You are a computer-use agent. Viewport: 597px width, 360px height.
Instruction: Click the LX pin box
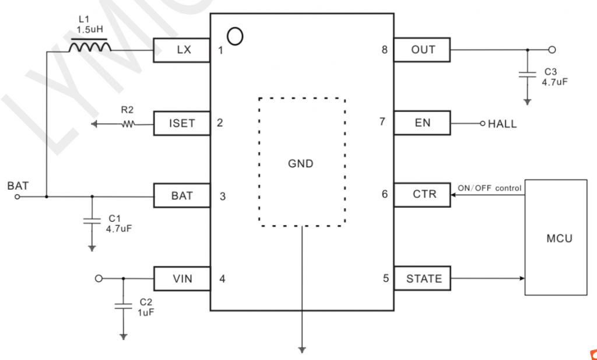[x=182, y=50]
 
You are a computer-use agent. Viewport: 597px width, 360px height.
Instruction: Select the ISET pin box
[x=182, y=123]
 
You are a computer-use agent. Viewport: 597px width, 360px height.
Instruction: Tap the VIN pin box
[x=182, y=278]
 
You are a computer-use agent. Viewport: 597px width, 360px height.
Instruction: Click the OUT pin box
[x=422, y=50]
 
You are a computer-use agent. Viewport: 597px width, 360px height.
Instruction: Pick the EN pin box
[x=422, y=123]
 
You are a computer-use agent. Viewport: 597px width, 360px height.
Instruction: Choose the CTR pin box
[x=422, y=195]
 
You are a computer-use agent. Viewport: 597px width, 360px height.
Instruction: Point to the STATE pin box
[x=422, y=278]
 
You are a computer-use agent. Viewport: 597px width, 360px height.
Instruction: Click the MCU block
[x=556, y=237]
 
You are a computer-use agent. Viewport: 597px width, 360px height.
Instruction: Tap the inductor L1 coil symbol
[x=90, y=46]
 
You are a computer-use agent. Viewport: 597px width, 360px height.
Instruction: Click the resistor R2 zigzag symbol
[x=128, y=124]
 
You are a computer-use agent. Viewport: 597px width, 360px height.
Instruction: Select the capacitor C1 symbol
[x=92, y=220]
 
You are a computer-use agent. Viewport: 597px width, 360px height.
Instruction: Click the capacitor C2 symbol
[x=124, y=306]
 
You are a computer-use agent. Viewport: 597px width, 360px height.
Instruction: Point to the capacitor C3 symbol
[x=527, y=74]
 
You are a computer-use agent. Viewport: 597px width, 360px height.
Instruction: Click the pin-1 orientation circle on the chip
[x=235, y=37]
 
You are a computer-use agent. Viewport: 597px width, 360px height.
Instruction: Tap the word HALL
[x=502, y=124]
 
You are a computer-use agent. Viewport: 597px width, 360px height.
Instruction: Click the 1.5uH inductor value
[x=90, y=30]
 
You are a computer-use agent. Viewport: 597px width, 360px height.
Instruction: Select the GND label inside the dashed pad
[x=301, y=163]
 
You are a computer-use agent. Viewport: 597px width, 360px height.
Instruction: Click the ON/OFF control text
[x=489, y=188]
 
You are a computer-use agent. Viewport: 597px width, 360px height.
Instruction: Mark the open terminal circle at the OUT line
[x=552, y=50]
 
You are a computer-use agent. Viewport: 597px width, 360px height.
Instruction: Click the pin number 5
[x=386, y=278]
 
